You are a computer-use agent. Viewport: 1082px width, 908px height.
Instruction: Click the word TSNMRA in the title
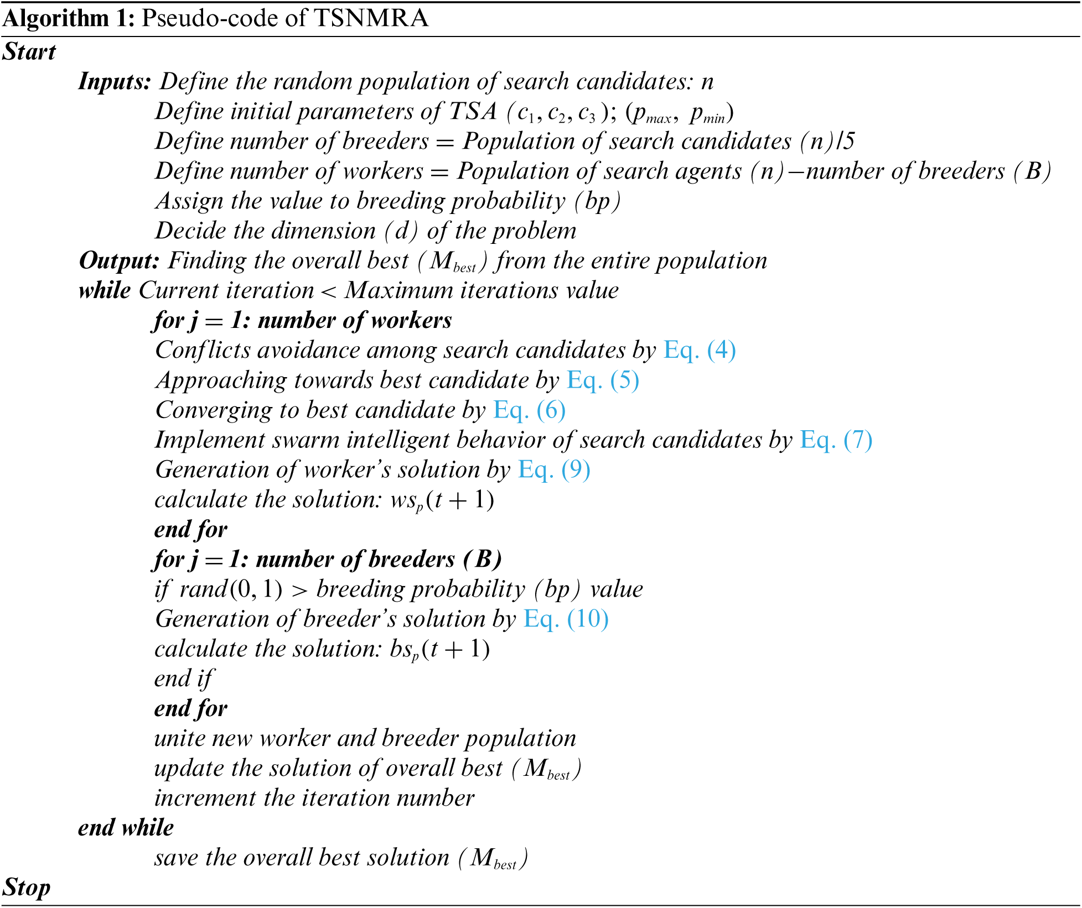click(x=371, y=18)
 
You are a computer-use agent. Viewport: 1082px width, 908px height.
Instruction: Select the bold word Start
click(x=29, y=52)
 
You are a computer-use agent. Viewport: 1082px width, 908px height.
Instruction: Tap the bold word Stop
click(x=27, y=888)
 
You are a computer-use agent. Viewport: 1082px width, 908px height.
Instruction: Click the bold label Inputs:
click(x=115, y=82)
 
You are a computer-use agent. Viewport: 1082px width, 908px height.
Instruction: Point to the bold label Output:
click(x=119, y=261)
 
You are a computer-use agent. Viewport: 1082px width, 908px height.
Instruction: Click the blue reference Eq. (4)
click(x=700, y=351)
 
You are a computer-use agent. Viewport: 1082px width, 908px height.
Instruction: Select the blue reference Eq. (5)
click(x=603, y=380)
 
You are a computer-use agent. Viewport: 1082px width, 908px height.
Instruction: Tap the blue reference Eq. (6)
click(x=529, y=410)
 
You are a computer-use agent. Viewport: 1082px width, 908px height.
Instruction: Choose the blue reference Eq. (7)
click(x=836, y=440)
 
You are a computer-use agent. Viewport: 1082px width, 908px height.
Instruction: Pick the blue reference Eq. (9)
click(x=554, y=470)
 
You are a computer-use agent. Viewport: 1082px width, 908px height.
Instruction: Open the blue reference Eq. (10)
click(x=566, y=619)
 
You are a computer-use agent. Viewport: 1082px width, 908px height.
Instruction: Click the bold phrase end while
click(x=126, y=828)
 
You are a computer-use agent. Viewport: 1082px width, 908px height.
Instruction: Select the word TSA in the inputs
click(x=473, y=112)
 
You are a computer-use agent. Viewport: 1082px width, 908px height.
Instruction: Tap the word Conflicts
click(x=203, y=351)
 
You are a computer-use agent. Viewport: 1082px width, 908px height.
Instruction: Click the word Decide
click(x=190, y=231)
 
